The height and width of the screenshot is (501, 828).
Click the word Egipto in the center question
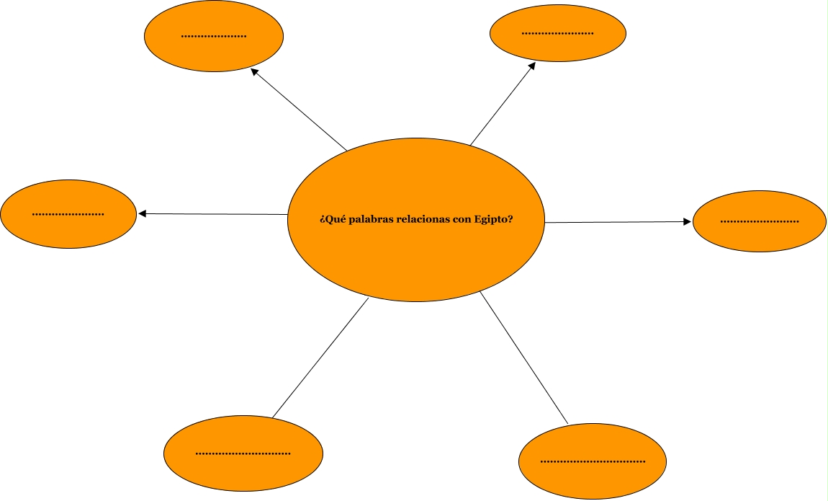(493, 219)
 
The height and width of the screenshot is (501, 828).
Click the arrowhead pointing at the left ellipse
(142, 213)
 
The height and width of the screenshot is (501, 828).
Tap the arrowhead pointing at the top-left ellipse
(253, 72)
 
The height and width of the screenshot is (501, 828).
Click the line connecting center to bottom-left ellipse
(320, 358)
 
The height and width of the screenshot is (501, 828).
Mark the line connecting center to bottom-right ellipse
(523, 358)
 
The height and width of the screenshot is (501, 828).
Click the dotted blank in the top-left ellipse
(214, 36)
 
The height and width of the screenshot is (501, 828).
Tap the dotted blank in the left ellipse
(68, 214)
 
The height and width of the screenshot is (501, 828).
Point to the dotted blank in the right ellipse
(760, 221)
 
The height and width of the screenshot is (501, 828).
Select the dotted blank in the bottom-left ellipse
(243, 454)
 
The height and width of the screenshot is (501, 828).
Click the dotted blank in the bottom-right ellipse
(593, 461)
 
